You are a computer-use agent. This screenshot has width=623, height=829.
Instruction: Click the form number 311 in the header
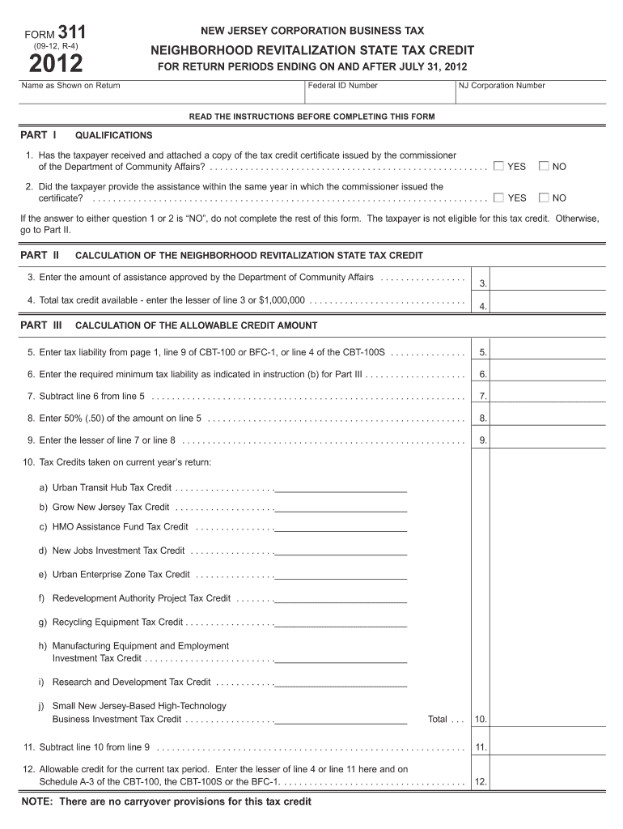(71, 32)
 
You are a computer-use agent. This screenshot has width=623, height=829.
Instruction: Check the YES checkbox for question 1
(498, 166)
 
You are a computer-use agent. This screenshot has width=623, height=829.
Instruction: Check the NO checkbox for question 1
(545, 166)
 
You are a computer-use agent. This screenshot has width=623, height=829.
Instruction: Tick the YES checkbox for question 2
(498, 197)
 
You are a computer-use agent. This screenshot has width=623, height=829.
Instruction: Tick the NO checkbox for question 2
(545, 197)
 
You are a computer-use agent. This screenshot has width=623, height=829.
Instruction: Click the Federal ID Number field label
(342, 86)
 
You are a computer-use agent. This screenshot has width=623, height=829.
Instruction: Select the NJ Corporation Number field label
(502, 86)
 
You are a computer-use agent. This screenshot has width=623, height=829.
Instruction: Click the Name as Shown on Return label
(71, 86)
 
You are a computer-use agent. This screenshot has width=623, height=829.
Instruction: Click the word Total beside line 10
(438, 719)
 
